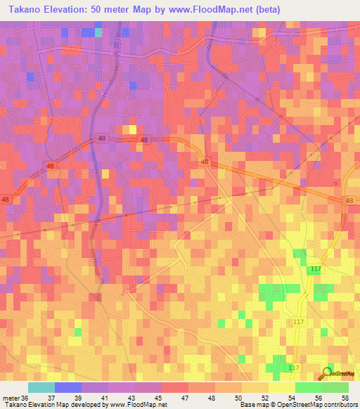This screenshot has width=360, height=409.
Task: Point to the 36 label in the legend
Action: (x=25, y=398)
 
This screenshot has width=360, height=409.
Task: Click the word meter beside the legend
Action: (x=11, y=398)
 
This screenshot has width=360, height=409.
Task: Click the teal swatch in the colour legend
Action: (x=41, y=387)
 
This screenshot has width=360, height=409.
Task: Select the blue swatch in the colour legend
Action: (x=68, y=387)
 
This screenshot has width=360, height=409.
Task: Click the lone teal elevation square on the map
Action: (x=98, y=32)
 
